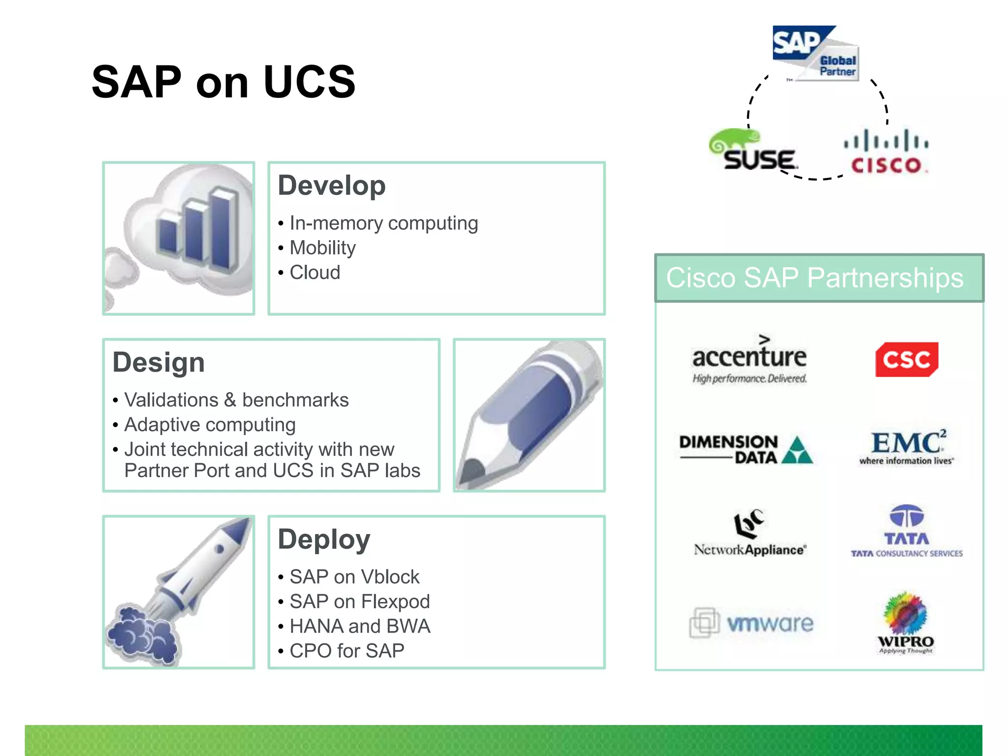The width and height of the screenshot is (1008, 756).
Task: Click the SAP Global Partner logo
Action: pos(816,53)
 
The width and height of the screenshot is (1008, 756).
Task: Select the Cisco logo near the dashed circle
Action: pos(886,152)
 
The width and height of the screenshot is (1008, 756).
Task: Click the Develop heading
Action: pos(331,186)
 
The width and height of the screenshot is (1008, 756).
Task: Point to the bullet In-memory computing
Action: pos(383,223)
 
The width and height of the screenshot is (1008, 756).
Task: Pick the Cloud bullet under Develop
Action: pos(315,273)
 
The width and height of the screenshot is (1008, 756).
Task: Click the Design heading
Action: pos(158,363)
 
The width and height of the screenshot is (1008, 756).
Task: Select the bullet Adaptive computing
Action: pos(210,425)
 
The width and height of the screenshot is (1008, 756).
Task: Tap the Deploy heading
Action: pos(324,539)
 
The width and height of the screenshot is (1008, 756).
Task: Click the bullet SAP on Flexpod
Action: pos(359,601)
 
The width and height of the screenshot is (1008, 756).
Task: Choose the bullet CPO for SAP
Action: pos(346,651)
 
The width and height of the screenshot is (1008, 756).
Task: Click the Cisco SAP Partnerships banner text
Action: pos(815,278)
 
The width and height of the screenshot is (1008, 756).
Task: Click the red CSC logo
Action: pos(906,360)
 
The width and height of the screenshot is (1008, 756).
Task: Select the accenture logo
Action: pos(749,359)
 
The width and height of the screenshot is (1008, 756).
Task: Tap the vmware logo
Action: pos(752,623)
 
